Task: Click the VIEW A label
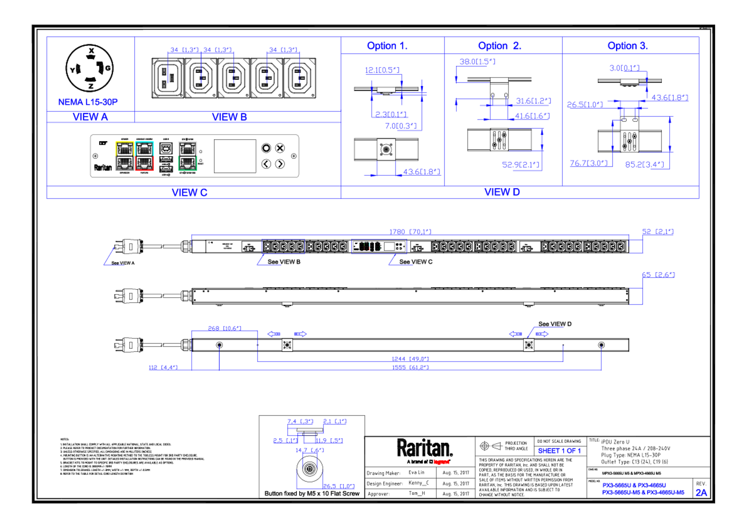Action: pyautogui.click(x=90, y=117)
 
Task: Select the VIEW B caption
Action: pyautogui.click(x=229, y=117)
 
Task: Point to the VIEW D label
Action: pyautogui.click(x=502, y=192)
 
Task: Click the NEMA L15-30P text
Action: pyautogui.click(x=88, y=102)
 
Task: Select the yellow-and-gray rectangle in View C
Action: pyautogui.click(x=124, y=156)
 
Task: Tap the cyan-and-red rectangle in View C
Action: pyautogui.click(x=145, y=156)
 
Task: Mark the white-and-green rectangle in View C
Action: pyautogui.click(x=187, y=156)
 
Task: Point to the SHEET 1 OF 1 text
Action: pyautogui.click(x=559, y=451)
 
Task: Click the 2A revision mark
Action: pyautogui.click(x=701, y=493)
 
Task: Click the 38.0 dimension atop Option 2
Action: pyautogui.click(x=477, y=61)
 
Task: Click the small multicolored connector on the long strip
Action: pyautogui.click(x=379, y=247)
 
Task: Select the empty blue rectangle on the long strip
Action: pyautogui.click(x=283, y=246)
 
